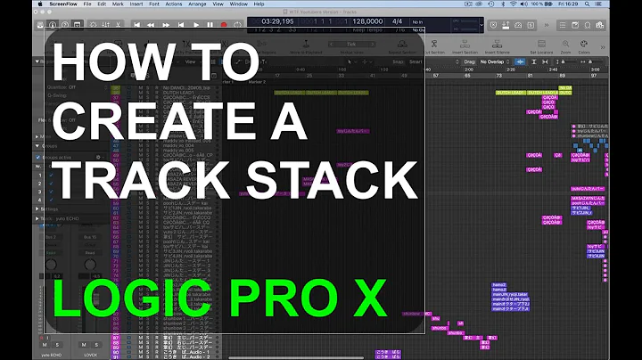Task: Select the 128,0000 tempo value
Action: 368,20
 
